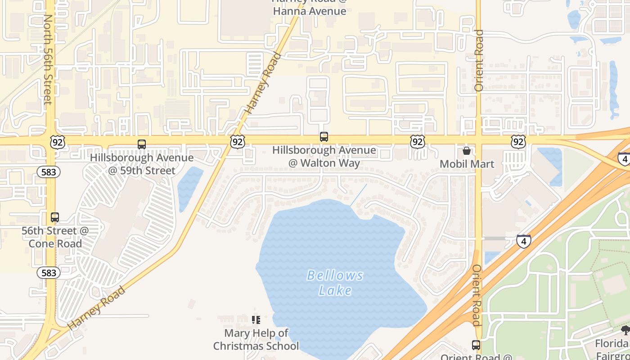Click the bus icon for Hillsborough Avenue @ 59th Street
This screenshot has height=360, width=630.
pyautogui.click(x=142, y=144)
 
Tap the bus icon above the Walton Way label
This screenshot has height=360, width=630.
pyautogui.click(x=324, y=137)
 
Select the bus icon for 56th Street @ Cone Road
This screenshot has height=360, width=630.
pyautogui.click(x=55, y=217)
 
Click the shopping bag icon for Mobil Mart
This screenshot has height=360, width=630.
pyautogui.click(x=467, y=151)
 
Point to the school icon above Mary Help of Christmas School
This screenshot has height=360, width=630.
pyautogui.click(x=256, y=320)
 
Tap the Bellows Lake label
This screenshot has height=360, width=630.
pyautogui.click(x=335, y=283)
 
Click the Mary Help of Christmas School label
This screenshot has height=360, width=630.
pyautogui.click(x=256, y=340)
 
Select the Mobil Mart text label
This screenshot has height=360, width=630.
pyautogui.click(x=467, y=164)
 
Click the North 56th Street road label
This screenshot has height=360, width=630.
pyautogui.click(x=48, y=59)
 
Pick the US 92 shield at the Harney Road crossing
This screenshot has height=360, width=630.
pyautogui.click(x=238, y=142)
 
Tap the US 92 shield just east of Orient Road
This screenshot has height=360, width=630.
pyautogui.click(x=518, y=142)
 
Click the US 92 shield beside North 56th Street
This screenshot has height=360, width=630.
pyautogui.click(x=58, y=142)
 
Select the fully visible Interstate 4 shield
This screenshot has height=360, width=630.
pyautogui.click(x=523, y=241)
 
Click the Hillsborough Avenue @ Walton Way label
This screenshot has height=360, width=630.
pyautogui.click(x=324, y=156)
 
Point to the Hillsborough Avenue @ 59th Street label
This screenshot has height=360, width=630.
pyautogui.click(x=142, y=164)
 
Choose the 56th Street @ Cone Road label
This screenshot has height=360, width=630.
pyautogui.click(x=55, y=237)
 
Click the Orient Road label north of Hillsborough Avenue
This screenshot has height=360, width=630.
pyautogui.click(x=479, y=61)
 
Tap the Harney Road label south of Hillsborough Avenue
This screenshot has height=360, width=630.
pyautogui.click(x=96, y=308)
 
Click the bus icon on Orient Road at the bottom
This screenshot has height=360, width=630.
pyautogui.click(x=476, y=345)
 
